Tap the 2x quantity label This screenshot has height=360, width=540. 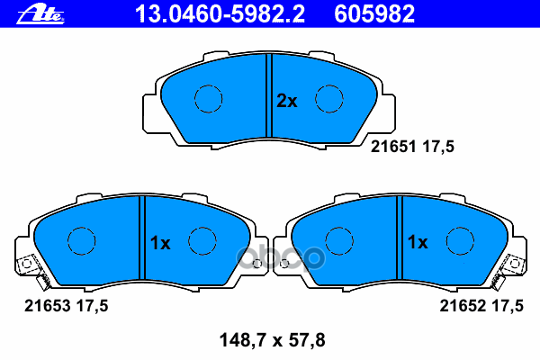point(286,102)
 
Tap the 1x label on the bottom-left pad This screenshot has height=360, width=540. point(159,242)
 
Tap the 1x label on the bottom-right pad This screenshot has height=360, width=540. point(417,242)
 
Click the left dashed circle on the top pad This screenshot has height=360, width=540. point(209,99)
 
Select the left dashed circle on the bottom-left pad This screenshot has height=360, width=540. point(82,240)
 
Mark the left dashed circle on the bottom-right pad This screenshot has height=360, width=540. point(338,240)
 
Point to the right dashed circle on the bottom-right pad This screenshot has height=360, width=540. point(460,240)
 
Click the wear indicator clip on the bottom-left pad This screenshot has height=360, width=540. point(28,266)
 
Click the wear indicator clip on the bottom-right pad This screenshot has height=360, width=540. point(514,266)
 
